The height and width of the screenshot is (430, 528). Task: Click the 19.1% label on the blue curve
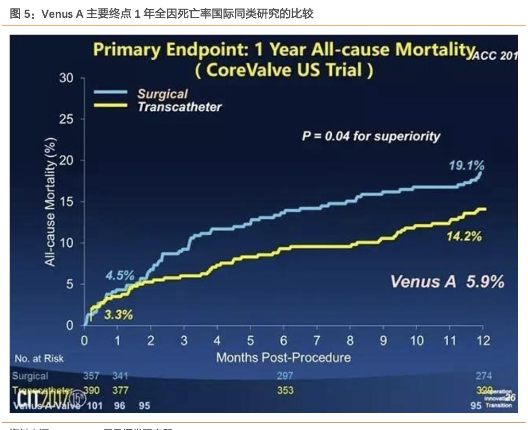click(x=466, y=166)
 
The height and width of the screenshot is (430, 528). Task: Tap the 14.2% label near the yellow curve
click(x=464, y=237)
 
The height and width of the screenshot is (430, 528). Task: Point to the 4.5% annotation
click(x=120, y=276)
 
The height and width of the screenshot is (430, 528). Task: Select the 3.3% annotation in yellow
click(x=118, y=316)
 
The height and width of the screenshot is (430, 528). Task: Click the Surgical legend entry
click(x=163, y=94)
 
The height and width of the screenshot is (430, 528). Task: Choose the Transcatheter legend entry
click(x=179, y=107)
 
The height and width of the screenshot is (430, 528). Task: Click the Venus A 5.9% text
click(x=447, y=282)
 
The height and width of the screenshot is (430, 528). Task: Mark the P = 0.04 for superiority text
click(x=371, y=136)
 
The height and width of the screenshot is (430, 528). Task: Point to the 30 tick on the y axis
click(x=66, y=78)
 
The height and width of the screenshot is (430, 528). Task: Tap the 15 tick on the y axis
click(x=66, y=202)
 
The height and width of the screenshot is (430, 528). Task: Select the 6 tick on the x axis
click(x=284, y=341)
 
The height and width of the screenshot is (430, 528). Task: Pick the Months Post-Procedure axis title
click(x=283, y=357)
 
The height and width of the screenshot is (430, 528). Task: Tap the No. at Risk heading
click(x=39, y=358)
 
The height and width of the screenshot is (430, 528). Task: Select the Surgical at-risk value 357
click(x=91, y=376)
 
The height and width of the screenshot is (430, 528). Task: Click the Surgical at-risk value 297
click(x=285, y=376)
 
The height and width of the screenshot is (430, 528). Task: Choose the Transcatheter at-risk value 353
click(x=285, y=391)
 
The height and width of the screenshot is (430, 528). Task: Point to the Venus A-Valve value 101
click(x=94, y=405)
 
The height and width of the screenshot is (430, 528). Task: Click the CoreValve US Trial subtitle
click(x=284, y=70)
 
